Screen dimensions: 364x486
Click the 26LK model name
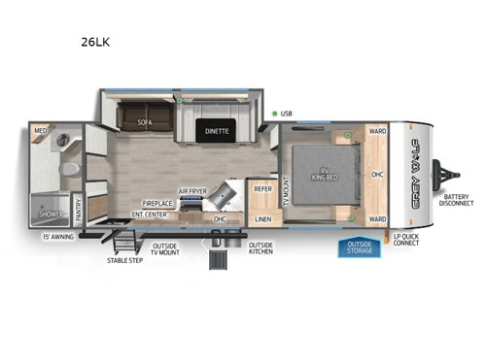pos(95,43)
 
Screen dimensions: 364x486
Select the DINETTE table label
pos(217,133)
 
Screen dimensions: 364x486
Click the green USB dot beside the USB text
pos(275,115)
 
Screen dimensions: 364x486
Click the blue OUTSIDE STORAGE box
pos(361,248)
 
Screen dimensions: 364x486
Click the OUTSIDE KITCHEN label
pos(260,248)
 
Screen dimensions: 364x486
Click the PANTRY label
pos(79,206)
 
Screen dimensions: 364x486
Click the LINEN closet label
pos(263,219)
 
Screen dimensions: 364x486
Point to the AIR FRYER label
pos(191,191)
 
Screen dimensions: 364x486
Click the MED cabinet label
pos(41,129)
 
